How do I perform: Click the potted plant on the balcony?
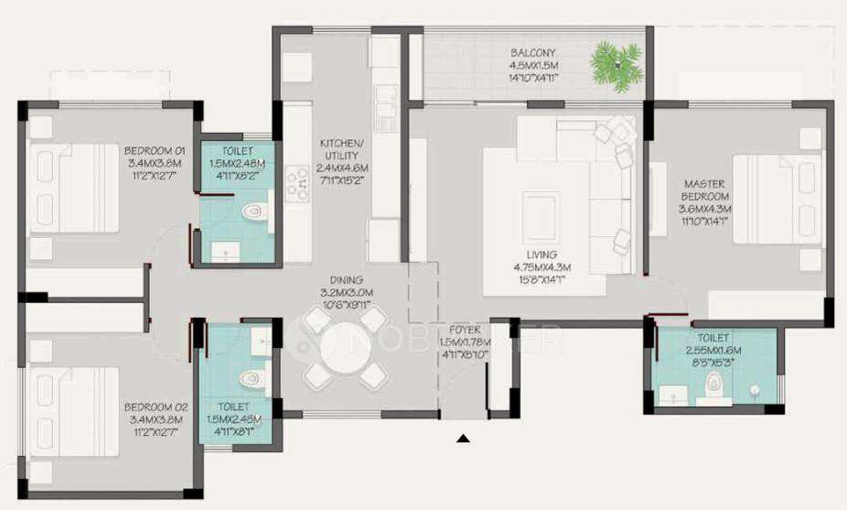pyautogui.click(x=616, y=66)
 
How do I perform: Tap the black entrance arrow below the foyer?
pyautogui.click(x=463, y=439)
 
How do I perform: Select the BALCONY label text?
pyautogui.click(x=534, y=52)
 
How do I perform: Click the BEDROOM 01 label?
pyautogui.click(x=155, y=150)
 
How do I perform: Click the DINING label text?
pyautogui.click(x=341, y=280)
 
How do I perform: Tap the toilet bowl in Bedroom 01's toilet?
pyautogui.click(x=254, y=212)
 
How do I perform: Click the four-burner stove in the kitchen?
pyautogui.click(x=297, y=183)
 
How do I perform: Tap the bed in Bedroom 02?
pyautogui.click(x=73, y=411)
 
